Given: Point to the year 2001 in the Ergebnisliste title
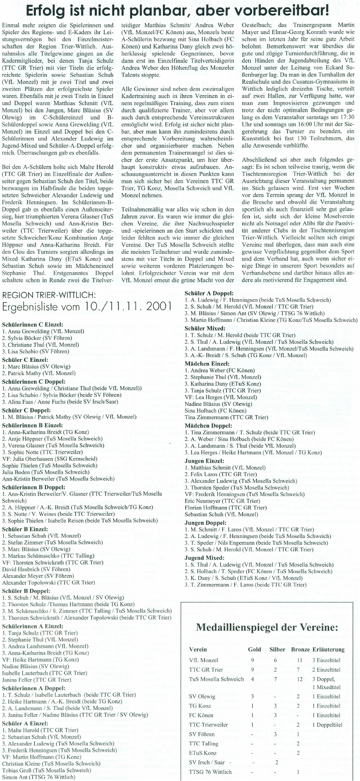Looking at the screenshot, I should (x=156, y=306).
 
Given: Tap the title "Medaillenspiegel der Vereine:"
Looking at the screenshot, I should (x=267, y=628).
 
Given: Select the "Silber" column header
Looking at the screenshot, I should (x=277, y=649).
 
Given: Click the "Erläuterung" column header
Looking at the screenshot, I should (x=328, y=649).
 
